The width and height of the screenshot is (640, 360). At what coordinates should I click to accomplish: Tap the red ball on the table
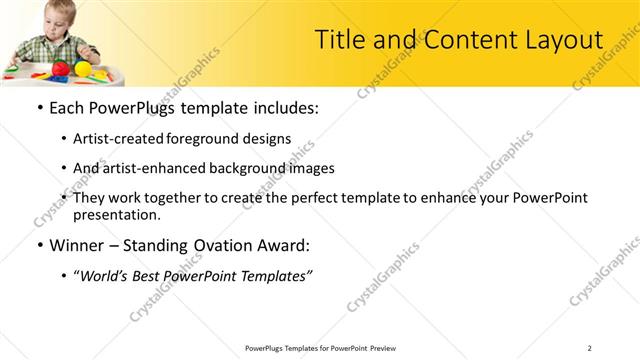[61, 68]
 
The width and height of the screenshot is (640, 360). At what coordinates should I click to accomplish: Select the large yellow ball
[83, 67]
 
